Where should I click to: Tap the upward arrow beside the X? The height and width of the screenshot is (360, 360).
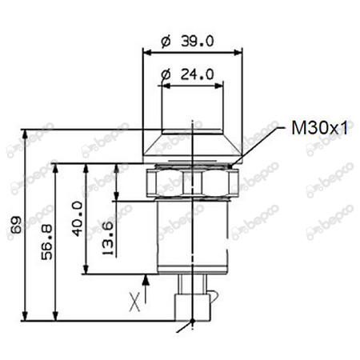click(x=146, y=281)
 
